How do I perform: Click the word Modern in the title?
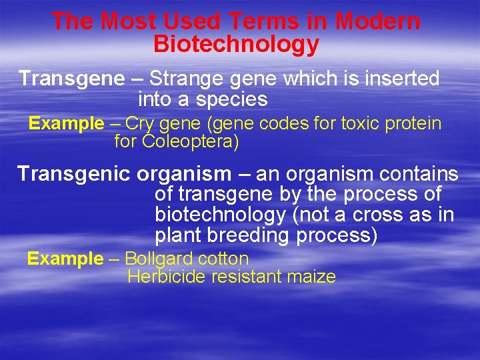click(378, 21)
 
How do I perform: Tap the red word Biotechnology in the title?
click(236, 45)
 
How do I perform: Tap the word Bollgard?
click(158, 259)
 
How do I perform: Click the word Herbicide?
click(166, 277)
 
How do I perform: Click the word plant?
click(179, 236)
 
